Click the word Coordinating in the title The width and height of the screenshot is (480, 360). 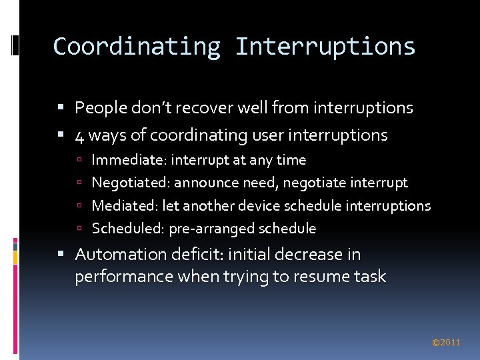click(x=137, y=47)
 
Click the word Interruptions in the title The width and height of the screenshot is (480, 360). click(x=325, y=47)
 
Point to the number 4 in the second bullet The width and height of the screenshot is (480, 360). click(x=79, y=135)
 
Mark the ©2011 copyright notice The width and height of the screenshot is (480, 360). click(x=446, y=343)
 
